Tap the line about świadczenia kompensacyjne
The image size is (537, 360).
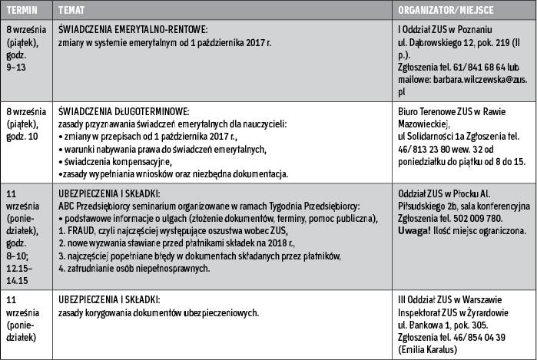pos(112,162)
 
